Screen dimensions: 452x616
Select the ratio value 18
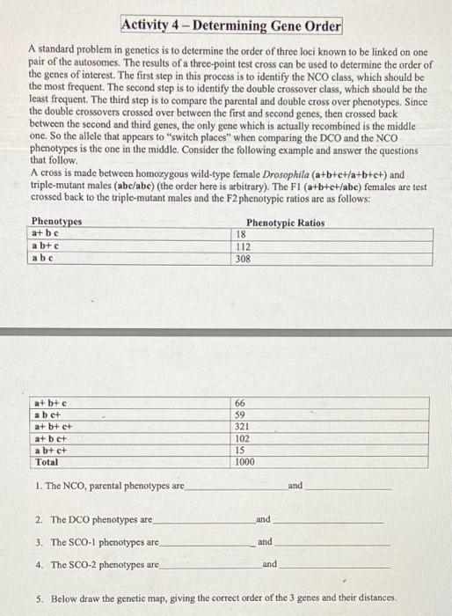coord(239,234)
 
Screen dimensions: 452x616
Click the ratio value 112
coord(242,247)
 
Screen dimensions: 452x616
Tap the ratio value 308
coord(242,260)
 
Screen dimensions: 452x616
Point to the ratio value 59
coord(242,414)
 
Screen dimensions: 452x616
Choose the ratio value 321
coord(244,426)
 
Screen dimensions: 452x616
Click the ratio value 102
coord(244,438)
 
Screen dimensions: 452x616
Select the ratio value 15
coord(242,450)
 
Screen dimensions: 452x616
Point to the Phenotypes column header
coord(56,222)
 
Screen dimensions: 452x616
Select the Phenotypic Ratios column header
coord(286,223)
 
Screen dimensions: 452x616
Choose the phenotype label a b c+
coord(47,414)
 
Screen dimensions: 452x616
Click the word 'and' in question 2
coord(264,519)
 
